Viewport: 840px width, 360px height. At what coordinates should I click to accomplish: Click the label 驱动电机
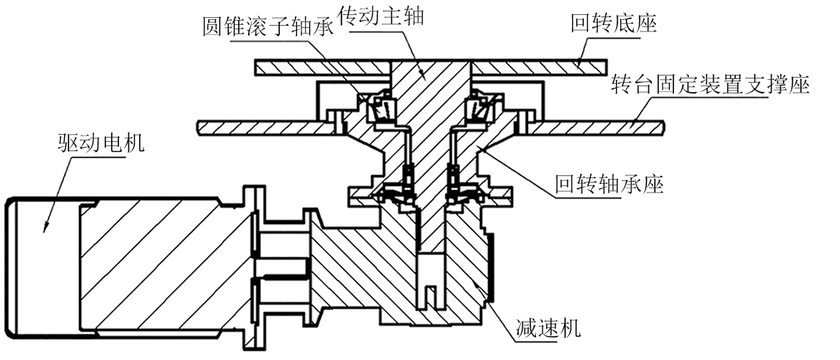coord(100,144)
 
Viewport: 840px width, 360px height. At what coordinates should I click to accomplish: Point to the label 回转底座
coord(613,24)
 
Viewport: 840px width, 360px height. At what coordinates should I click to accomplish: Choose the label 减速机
coord(548,329)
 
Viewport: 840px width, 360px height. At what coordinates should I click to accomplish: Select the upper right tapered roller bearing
coord(479,107)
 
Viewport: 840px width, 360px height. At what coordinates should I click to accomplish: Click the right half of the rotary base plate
coord(541,66)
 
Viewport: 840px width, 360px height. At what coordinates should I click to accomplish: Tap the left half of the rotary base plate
coord(321,66)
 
